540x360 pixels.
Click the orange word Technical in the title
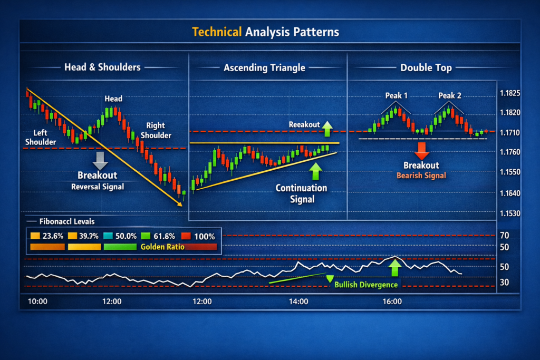tap(216, 32)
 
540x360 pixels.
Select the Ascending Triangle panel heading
tap(264, 67)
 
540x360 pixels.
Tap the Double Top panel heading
tap(426, 67)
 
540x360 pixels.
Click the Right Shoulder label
tap(156, 130)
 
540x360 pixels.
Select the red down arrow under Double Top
tap(422, 151)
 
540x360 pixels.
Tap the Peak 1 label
tap(396, 96)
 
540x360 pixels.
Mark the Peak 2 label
tap(449, 96)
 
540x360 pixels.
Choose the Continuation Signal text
tap(302, 193)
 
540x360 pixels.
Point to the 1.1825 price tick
tap(510, 93)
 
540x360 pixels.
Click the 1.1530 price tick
tap(510, 213)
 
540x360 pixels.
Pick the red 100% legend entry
tap(199, 236)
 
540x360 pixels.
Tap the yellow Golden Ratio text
tap(162, 247)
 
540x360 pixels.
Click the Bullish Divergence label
tap(366, 285)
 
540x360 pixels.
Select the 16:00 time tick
tap(392, 302)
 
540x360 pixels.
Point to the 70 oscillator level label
tap(505, 235)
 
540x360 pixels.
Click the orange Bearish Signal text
tap(421, 176)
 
